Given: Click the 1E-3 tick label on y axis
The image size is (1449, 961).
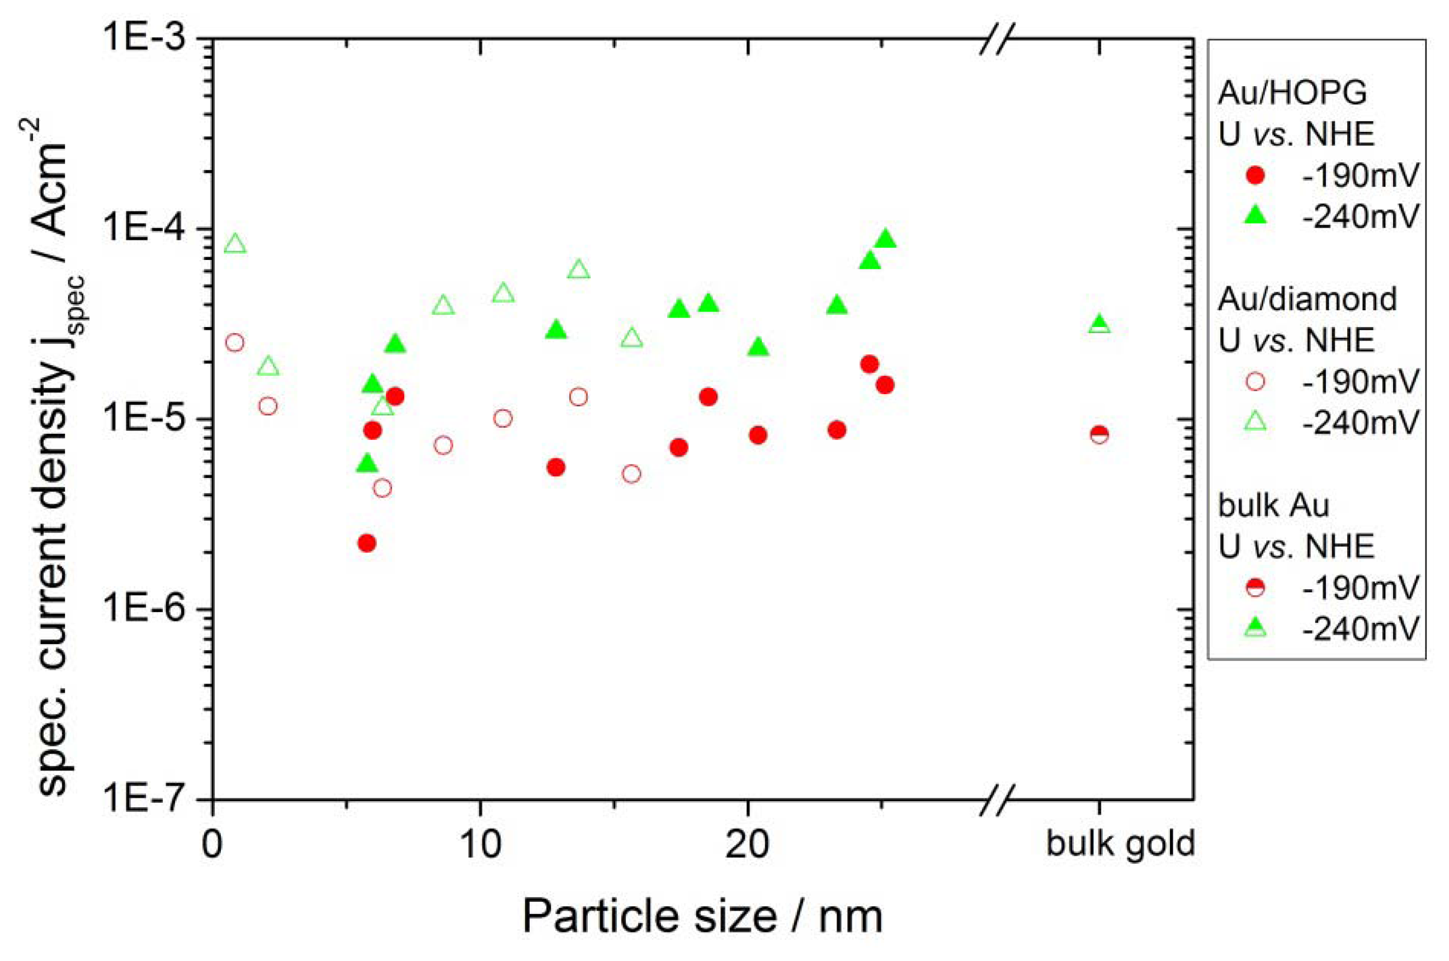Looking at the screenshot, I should tap(150, 38).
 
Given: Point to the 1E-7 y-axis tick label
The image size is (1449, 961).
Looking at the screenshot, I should tap(150, 800).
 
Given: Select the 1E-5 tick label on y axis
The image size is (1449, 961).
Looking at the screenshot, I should tap(150, 419).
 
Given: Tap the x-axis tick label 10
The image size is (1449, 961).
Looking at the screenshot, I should tap(480, 845).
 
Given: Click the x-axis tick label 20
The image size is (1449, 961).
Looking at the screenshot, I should tap(747, 845).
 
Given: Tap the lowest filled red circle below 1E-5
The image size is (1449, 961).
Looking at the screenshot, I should tap(366, 543).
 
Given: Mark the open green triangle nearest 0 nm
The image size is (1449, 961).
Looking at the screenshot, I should tap(235, 244).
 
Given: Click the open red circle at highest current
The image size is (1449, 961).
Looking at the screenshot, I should tap(235, 342).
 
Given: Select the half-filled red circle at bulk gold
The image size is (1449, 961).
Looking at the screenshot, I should tap(1099, 434).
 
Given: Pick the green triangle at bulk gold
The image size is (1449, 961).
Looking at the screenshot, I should tap(1099, 324).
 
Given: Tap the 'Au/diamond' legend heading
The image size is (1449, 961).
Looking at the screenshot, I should tap(1307, 299).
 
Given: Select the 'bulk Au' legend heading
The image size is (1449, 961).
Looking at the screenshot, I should tap(1273, 505).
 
